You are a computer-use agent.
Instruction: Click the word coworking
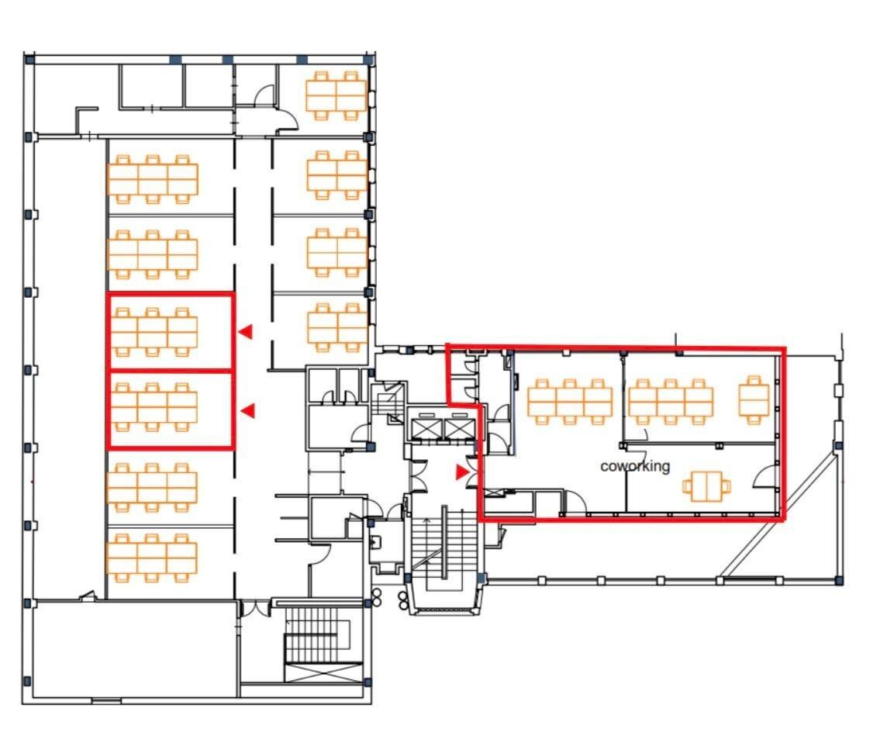click(635, 466)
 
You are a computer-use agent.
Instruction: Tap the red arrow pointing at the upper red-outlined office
click(246, 332)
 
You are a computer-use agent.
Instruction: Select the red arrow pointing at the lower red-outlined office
click(247, 411)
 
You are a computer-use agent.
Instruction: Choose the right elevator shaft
click(457, 428)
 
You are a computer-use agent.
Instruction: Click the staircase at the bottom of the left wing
click(323, 644)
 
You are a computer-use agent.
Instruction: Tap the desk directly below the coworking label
click(706, 485)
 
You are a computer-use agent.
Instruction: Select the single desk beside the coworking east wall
click(754, 399)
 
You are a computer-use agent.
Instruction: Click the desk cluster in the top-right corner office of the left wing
click(336, 95)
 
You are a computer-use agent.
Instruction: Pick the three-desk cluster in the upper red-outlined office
click(154, 332)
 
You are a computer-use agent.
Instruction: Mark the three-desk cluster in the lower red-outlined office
click(154, 406)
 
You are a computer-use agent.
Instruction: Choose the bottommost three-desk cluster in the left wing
click(152, 558)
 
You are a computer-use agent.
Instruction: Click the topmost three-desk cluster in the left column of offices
click(153, 179)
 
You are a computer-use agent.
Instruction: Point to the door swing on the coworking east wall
click(764, 476)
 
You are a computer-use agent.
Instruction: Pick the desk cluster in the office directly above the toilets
click(338, 327)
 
